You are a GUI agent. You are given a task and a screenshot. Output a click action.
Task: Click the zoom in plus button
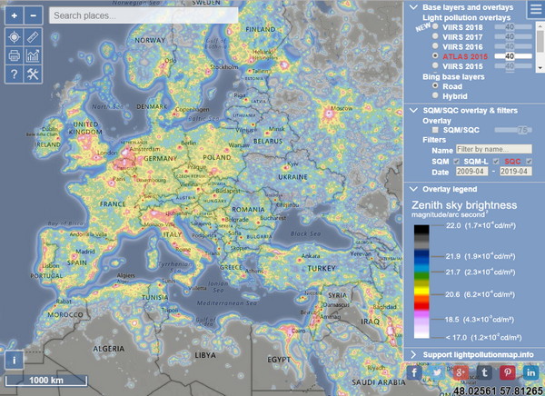coord(14,15)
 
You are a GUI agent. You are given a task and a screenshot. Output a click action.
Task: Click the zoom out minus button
coord(33,15)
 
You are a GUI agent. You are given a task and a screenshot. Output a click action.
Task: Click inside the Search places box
coord(144,15)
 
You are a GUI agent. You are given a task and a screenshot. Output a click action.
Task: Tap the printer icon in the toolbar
coord(14,55)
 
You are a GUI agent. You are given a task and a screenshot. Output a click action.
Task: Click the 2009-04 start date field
coord(472,172)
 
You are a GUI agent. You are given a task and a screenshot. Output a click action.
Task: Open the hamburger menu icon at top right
coord(534,11)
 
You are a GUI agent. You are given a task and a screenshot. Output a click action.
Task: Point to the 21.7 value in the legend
coord(454,271)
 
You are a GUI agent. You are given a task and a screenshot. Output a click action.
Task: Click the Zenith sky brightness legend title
coord(464,205)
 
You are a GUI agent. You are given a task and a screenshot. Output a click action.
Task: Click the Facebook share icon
coord(415,372)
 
